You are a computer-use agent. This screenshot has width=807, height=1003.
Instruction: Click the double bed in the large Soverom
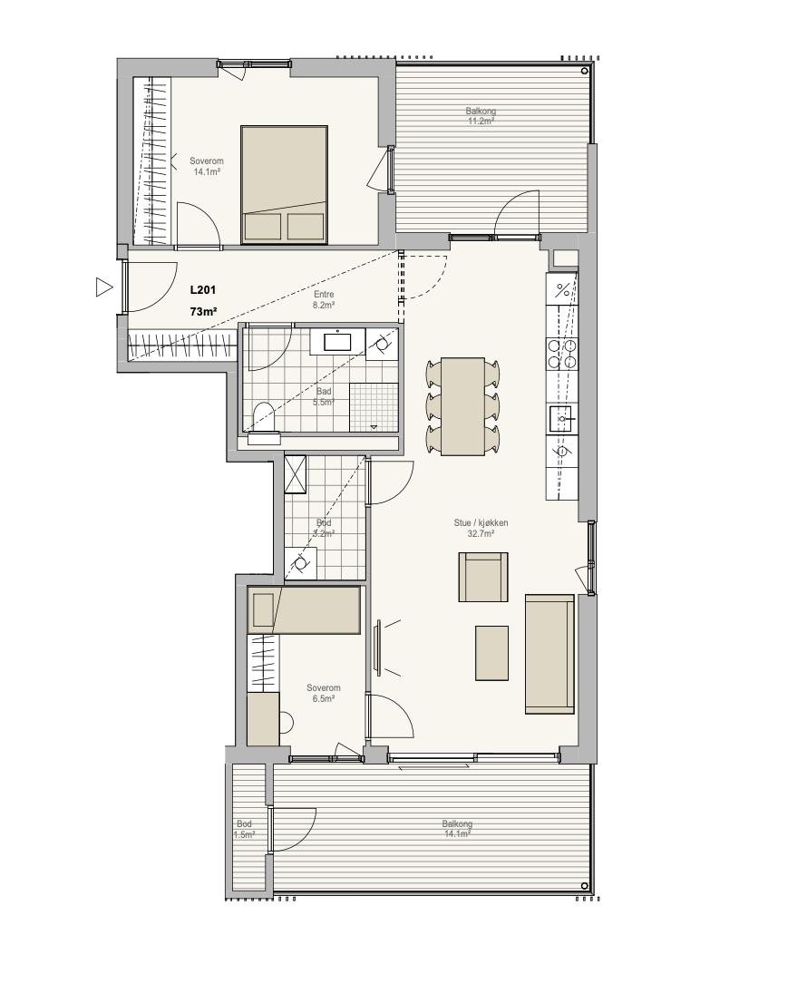[x=284, y=185]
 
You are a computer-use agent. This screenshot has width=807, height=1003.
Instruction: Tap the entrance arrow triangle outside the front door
[x=103, y=287]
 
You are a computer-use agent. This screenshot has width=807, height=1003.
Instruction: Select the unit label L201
[x=203, y=290]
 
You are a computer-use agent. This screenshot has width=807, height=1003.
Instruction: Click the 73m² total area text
[x=203, y=312]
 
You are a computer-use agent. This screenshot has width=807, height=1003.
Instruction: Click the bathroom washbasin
[x=337, y=342]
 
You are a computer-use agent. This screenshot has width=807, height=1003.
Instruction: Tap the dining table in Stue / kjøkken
[x=462, y=406]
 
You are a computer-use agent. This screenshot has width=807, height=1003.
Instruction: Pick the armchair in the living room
[x=482, y=577]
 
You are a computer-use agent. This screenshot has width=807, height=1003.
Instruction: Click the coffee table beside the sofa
[x=491, y=652]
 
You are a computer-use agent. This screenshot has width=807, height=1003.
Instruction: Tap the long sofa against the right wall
[x=549, y=654]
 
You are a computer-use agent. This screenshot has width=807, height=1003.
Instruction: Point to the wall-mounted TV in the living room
[x=378, y=647]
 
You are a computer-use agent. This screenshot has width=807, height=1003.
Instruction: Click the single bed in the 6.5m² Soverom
[x=304, y=610]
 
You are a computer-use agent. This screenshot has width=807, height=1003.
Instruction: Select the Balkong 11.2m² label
[x=481, y=116]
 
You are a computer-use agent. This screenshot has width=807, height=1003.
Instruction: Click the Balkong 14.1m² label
[x=457, y=828]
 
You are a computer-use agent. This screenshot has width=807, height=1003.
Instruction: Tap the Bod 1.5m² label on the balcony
[x=244, y=829]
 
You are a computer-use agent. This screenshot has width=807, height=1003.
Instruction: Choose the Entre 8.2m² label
[x=324, y=300]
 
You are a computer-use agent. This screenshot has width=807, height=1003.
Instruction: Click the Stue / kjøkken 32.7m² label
[x=481, y=528]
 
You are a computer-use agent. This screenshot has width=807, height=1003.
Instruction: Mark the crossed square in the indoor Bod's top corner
[x=295, y=474]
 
